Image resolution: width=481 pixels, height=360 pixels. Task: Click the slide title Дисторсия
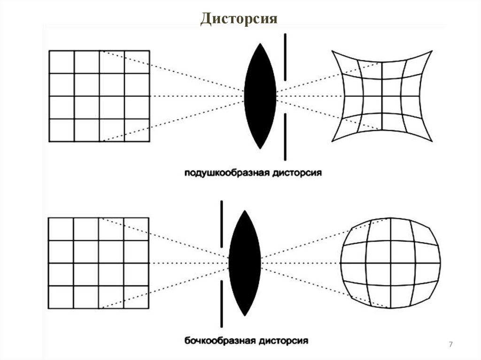point(240,19)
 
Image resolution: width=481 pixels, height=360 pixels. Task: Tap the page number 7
point(451,345)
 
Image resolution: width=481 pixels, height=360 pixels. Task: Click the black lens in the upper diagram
point(260,96)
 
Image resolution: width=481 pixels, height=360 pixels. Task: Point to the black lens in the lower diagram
point(245,263)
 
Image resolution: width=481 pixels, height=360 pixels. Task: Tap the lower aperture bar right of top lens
point(285,136)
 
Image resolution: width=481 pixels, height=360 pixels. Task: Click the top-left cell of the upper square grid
point(62,62)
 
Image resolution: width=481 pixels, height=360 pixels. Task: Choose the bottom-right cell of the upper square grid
point(137,130)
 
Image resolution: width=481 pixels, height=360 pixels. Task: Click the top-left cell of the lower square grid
point(61,229)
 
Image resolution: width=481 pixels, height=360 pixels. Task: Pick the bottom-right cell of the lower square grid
point(137,297)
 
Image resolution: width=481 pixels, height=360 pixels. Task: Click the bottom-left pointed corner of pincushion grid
point(333,139)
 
